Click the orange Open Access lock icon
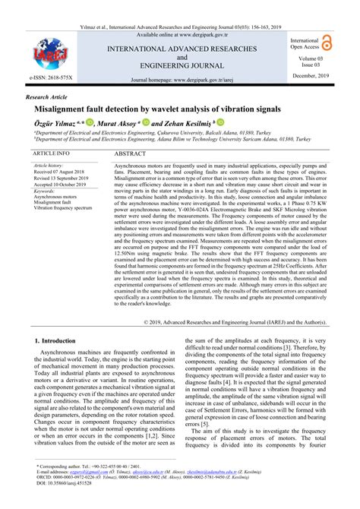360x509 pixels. click(328, 43)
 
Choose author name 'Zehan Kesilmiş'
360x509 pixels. click(183, 123)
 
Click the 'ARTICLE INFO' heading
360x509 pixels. click(52, 153)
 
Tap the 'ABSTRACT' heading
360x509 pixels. click(131, 153)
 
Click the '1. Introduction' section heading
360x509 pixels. click(62, 343)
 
